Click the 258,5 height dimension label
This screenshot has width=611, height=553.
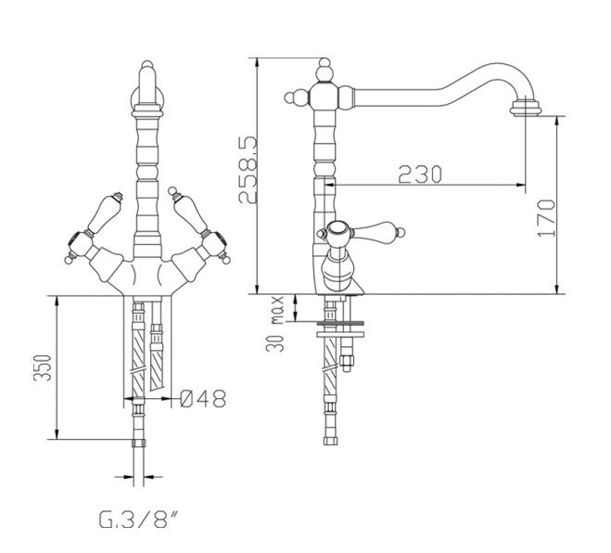pos(248,169)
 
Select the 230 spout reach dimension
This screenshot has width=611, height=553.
pos(420,174)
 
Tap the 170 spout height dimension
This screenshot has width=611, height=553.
pos(546,218)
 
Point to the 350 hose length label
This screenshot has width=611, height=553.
pos(43,367)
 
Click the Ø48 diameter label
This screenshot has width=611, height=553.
pos(203,398)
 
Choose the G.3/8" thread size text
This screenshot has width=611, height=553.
pos(138,520)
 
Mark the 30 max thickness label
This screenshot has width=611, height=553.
pos(276,324)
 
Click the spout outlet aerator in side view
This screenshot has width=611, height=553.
pos(526,108)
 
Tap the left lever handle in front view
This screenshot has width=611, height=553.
pos(103,212)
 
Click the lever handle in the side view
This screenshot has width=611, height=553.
pos(377,230)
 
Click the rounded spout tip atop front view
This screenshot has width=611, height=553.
pos(146,74)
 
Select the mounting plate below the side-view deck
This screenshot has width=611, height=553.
pos(340,334)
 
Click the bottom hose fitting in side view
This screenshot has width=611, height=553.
pos(330,441)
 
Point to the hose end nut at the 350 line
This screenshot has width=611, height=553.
pos(139,443)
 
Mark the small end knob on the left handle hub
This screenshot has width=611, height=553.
pos(70,258)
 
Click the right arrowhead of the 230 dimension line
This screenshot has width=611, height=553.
pos(521,186)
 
